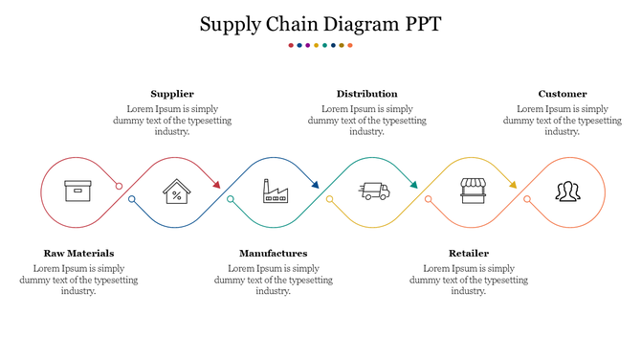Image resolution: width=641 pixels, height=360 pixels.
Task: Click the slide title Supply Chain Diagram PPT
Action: coord(320,25)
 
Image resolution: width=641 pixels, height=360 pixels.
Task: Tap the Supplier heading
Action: coord(172,94)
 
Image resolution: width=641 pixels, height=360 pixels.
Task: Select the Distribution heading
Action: coord(366,94)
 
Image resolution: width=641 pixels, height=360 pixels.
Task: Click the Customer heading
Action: coord(563,94)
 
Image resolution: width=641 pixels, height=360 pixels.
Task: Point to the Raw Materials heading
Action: coord(78,254)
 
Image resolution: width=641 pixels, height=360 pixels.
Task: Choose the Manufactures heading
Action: coord(273,254)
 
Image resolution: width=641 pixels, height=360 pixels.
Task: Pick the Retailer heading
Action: coord(469,254)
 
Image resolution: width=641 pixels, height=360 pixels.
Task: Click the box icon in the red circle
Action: coord(77,191)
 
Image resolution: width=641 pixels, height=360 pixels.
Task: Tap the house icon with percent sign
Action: coord(176,191)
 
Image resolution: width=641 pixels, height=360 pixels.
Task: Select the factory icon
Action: coord(276,191)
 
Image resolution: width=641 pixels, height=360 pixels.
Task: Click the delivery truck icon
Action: coord(374,191)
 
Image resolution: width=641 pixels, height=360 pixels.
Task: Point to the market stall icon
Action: coord(473,191)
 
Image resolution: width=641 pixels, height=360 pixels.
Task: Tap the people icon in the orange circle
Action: coord(567,191)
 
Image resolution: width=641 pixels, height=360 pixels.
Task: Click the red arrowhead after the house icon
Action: coord(217,185)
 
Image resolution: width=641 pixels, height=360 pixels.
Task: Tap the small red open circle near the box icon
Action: coord(120,186)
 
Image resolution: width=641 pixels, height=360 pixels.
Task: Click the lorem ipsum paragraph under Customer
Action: coord(563,121)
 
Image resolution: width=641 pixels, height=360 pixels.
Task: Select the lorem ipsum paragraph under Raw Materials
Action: coord(78,280)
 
